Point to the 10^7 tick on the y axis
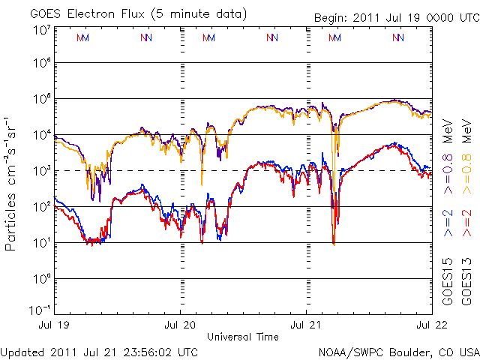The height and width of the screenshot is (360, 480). coord(40,30)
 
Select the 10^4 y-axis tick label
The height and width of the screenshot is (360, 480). coord(40,135)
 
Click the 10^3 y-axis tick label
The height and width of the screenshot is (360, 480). coord(40,171)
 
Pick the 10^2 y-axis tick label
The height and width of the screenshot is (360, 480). coord(40,207)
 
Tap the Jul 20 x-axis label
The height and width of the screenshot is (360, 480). coord(181,325)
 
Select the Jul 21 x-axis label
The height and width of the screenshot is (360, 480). coord(306,325)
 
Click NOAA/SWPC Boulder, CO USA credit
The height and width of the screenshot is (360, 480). coord(398,352)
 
